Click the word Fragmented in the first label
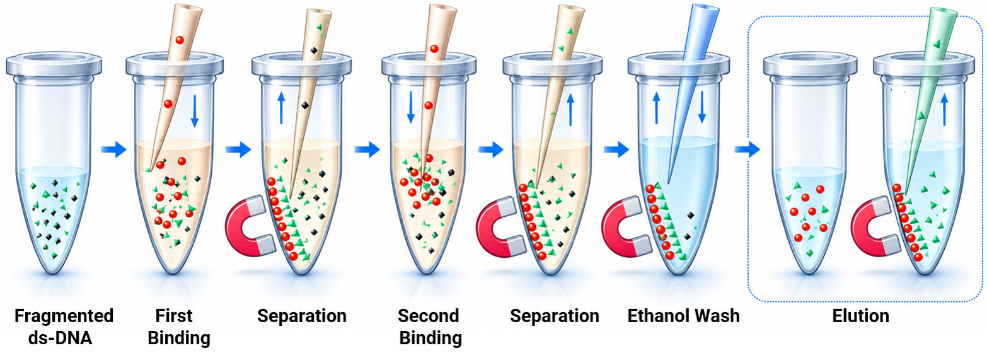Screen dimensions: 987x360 pos(64,316)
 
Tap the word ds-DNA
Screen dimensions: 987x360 pos(60,338)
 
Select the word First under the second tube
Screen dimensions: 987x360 pos(173,316)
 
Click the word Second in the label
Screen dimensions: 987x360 pos(429,316)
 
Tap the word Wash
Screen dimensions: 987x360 pos(716,316)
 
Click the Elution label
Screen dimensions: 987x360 pos(860,316)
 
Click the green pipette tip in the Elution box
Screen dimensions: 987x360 pos(930,97)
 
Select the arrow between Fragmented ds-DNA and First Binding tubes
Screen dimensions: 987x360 pos(113,149)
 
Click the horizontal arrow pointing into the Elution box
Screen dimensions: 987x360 pos(747,149)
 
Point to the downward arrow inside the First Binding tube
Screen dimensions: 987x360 pos(195,110)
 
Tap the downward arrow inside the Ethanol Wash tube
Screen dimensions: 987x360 pos(702,107)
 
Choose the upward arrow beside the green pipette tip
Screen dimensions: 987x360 pos(944,110)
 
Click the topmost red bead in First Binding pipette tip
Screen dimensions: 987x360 pos(180,40)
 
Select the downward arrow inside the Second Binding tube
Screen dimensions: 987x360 pos(411,107)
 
